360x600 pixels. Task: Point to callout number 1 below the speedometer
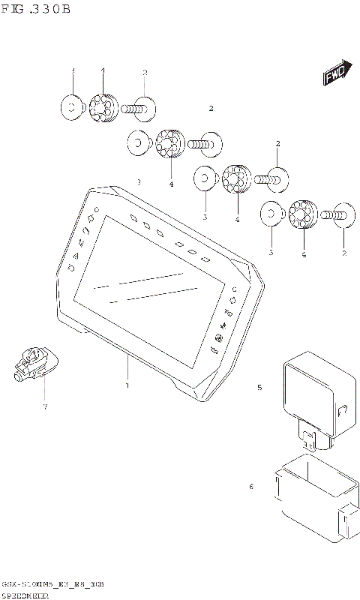point(127,385)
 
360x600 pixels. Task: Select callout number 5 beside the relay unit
point(259,388)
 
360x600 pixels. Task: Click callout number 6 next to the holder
point(251,487)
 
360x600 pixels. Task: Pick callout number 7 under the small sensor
point(45,406)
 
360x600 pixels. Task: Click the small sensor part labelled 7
point(32,360)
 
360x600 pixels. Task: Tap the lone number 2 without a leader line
point(211,109)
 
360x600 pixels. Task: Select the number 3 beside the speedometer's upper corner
point(139,182)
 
